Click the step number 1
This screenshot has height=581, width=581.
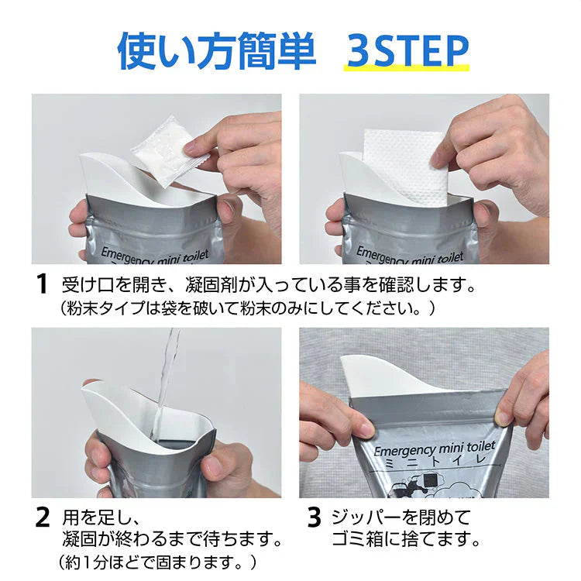pyautogui.click(x=43, y=284)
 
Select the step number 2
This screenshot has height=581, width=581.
pyautogui.click(x=43, y=517)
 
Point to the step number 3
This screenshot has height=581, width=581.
pyautogui.click(x=313, y=517)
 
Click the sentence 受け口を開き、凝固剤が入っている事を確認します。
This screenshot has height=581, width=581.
pyautogui.click(x=268, y=284)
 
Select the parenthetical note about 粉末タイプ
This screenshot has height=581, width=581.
pyautogui.click(x=248, y=308)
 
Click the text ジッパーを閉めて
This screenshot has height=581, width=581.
pyautogui.click(x=401, y=516)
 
